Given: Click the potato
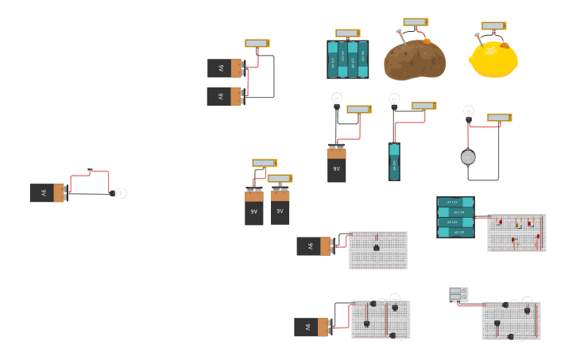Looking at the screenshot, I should click(414, 60).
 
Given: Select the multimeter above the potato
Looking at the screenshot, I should click(416, 22).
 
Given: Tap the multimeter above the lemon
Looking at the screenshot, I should click(493, 26).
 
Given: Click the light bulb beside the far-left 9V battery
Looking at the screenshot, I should click(120, 193).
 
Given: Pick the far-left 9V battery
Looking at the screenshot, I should click(47, 193).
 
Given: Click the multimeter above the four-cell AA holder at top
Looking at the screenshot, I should click(347, 33).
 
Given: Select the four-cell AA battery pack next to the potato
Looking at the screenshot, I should click(347, 60).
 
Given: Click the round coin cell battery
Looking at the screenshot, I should click(468, 157).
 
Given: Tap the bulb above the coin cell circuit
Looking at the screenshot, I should click(469, 111).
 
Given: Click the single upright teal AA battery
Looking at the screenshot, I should click(394, 161).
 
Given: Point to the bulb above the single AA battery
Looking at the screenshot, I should click(394, 99).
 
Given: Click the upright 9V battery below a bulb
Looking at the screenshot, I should click(337, 165).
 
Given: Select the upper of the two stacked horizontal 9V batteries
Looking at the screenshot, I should click(225, 68).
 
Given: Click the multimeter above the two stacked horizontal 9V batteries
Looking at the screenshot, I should click(257, 44).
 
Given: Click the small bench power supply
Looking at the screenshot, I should click(458, 295).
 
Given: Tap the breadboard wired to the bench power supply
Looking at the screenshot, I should click(511, 320).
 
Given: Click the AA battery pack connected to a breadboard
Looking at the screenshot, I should click(455, 217).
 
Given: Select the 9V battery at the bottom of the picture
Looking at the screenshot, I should click(312, 327).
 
